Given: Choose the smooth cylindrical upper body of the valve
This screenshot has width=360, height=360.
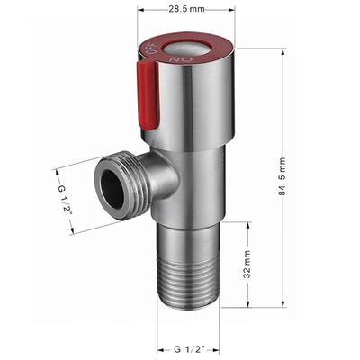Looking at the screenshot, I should coord(202,117).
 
